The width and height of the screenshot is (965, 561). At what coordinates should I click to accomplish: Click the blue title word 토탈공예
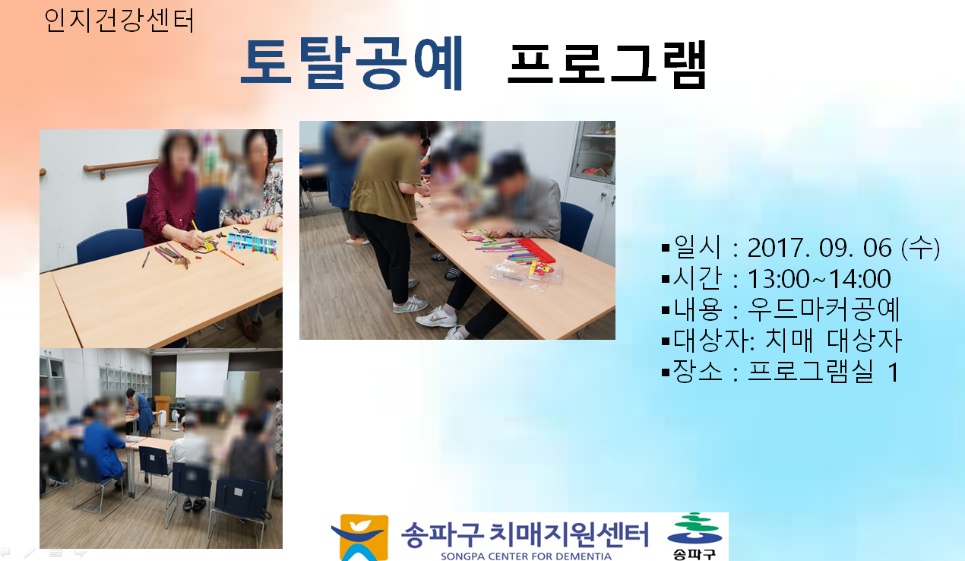coord(352,63)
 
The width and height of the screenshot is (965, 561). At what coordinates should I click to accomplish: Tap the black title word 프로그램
coord(606,64)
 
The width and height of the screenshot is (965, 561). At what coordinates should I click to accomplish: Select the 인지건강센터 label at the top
coord(119,21)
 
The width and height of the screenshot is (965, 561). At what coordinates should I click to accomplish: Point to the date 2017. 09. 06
coord(819,248)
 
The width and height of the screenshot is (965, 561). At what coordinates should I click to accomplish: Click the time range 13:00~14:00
coord(819,279)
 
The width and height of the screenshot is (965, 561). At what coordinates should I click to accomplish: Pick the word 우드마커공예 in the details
coord(824,309)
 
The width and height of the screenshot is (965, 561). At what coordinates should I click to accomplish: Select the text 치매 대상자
coord(834,341)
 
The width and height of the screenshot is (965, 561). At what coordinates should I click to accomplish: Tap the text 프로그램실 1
coord(823,371)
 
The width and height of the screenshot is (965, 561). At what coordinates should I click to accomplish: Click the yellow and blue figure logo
coord(360,537)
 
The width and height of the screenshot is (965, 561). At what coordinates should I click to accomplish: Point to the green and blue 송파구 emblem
coord(694,536)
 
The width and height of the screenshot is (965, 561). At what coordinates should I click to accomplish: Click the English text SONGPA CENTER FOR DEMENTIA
coord(526,556)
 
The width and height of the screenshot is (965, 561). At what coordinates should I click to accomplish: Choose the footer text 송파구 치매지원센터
coord(525,534)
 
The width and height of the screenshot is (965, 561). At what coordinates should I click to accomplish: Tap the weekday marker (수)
coord(920,248)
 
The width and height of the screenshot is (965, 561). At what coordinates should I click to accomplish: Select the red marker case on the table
coord(536,250)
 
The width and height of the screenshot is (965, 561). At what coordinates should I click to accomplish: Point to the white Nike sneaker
coord(436,317)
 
